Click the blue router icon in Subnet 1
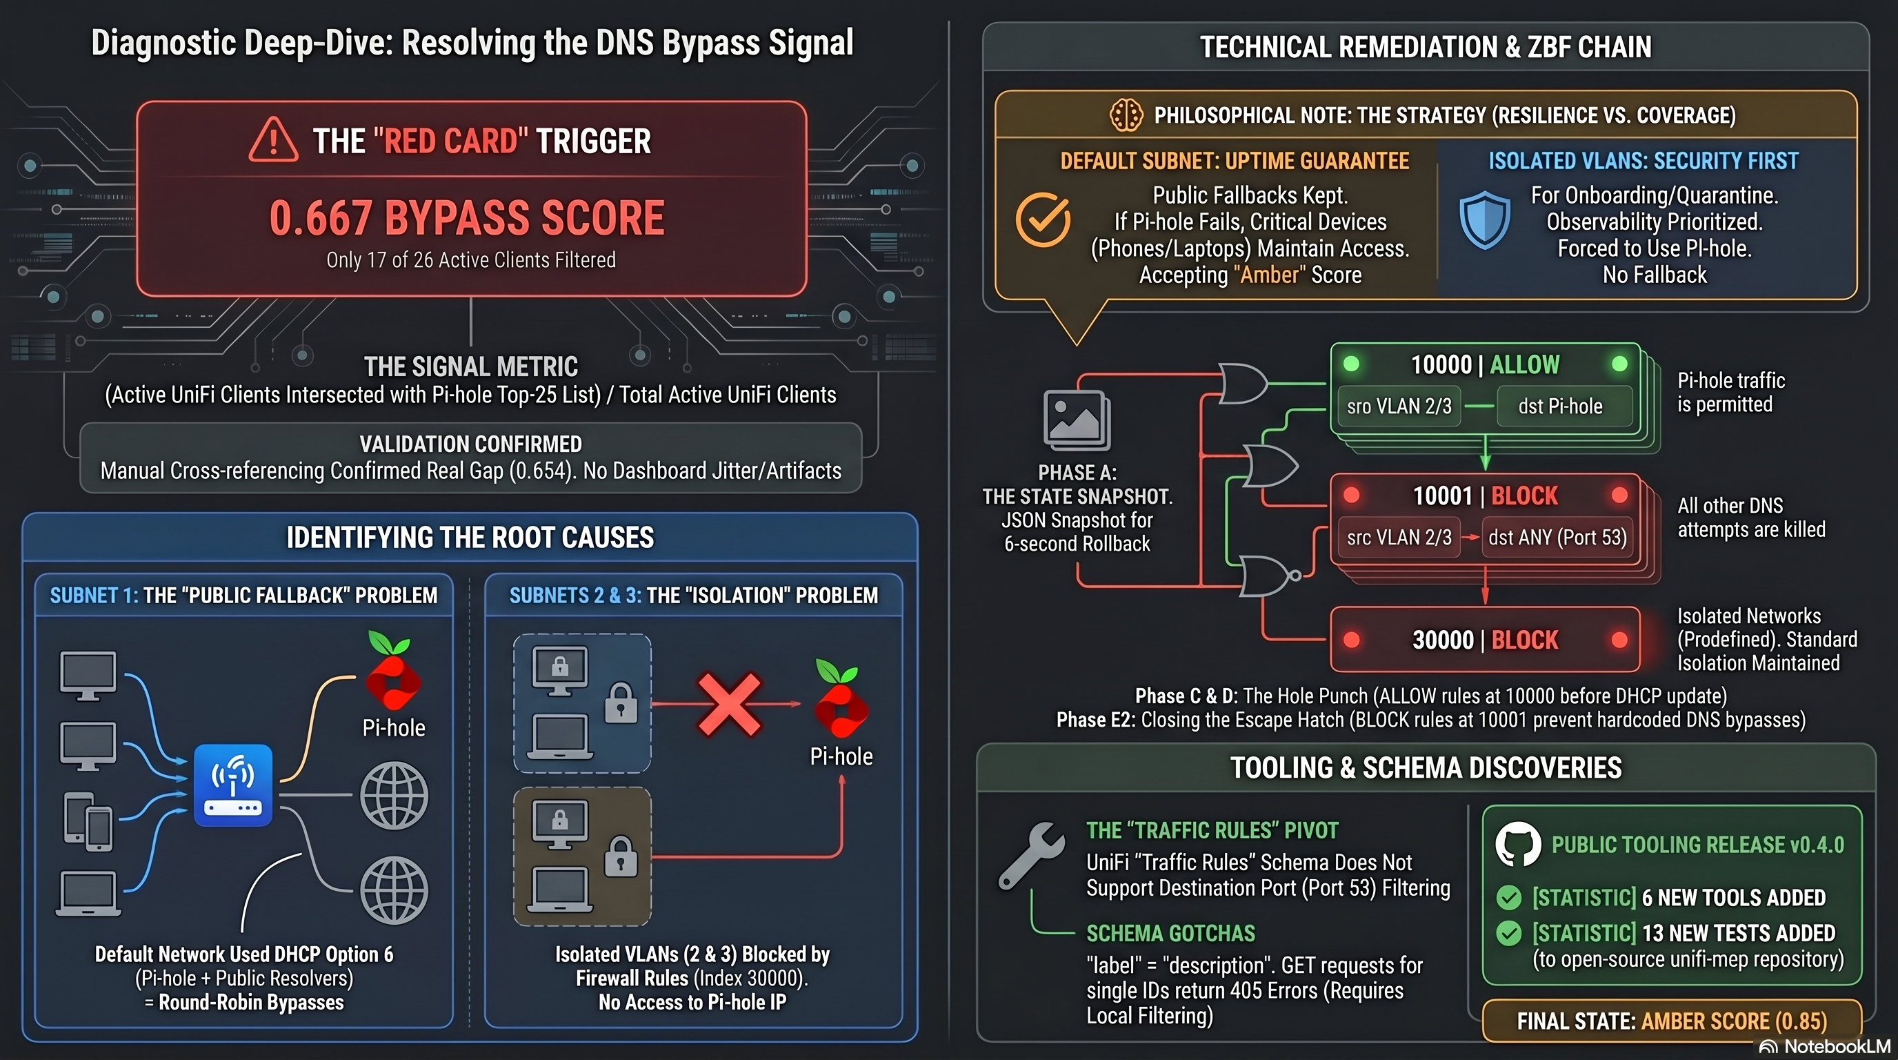click(x=233, y=785)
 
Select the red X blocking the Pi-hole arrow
click(x=729, y=704)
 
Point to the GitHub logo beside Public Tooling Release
click(x=1518, y=844)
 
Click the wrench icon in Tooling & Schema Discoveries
click(x=1032, y=855)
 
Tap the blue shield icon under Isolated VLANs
click(x=1485, y=220)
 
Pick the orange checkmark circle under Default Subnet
click(x=1043, y=219)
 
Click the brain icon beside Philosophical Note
click(x=1126, y=115)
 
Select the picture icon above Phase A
click(x=1077, y=420)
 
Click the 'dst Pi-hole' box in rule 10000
click(x=1560, y=406)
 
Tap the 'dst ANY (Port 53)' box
click(x=1557, y=538)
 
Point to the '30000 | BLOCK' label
click(x=1485, y=640)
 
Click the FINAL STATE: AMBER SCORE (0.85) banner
click(x=1671, y=1021)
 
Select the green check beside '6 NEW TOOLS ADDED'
click(x=1509, y=897)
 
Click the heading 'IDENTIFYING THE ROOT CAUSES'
click(x=470, y=538)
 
